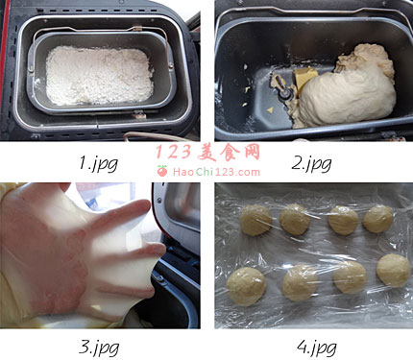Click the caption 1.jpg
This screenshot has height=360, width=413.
click(x=99, y=163)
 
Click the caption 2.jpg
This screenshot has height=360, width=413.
click(x=311, y=163)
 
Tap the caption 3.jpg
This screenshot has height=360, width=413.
click(x=99, y=348)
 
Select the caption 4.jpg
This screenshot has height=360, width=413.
click(x=317, y=348)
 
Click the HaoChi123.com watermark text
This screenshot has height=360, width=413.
click(x=216, y=172)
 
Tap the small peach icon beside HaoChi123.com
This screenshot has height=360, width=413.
click(x=162, y=171)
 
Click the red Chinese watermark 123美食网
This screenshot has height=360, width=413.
click(x=207, y=152)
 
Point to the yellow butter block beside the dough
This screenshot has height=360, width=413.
click(x=305, y=79)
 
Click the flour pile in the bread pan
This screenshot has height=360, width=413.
click(x=99, y=76)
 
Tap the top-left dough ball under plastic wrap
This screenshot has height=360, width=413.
click(x=255, y=220)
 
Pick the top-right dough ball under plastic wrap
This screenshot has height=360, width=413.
click(x=378, y=219)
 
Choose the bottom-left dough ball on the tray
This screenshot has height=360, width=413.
click(x=246, y=286)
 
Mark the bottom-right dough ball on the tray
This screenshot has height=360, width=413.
click(x=394, y=271)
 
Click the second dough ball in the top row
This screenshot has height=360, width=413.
click(x=295, y=220)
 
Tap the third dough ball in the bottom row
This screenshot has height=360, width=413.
click(x=350, y=277)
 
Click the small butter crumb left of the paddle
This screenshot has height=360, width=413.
click(x=270, y=110)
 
